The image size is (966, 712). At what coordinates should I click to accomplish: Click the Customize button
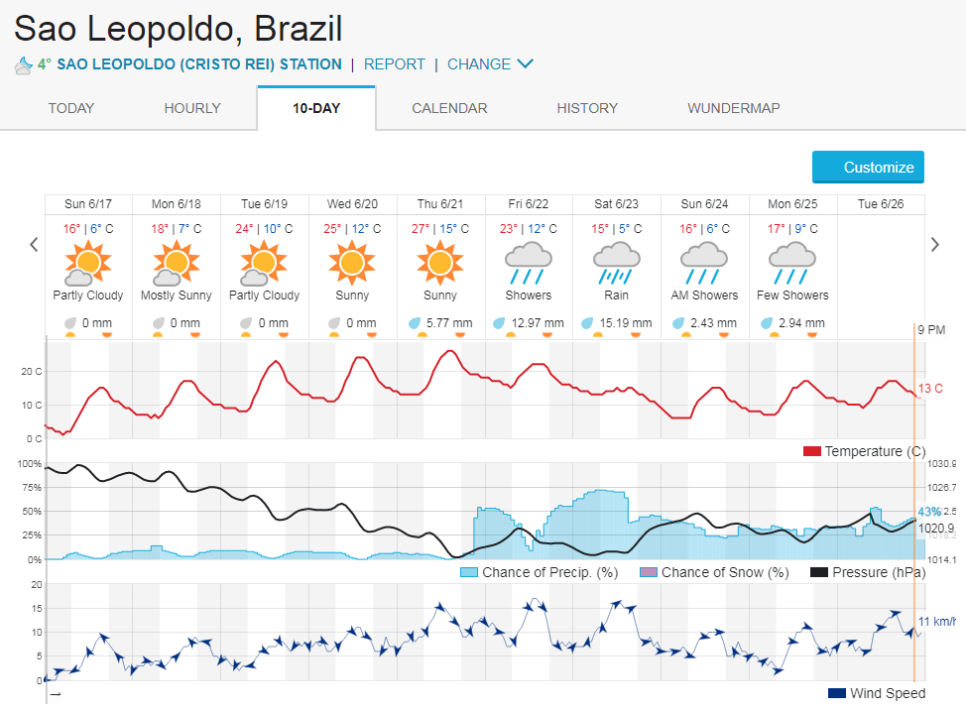coord(868,168)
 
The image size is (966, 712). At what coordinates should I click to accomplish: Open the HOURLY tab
coord(192,108)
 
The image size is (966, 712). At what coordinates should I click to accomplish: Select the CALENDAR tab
coord(449,108)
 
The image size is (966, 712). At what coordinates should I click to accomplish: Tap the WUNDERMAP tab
coord(733,108)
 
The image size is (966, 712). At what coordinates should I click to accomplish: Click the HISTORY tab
coord(587,108)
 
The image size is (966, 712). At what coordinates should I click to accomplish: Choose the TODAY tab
coord(71,108)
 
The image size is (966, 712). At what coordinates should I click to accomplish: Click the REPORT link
coord(394,64)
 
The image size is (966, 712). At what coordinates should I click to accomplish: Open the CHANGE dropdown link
coord(490,64)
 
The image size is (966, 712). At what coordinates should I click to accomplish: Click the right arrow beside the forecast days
coord(933,244)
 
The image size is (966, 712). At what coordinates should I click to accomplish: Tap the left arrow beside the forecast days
coord(34,244)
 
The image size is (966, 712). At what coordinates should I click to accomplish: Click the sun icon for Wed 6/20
coord(352,263)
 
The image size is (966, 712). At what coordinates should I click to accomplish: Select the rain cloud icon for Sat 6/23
coord(616,263)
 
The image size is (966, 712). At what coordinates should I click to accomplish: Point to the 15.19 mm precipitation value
coord(625,323)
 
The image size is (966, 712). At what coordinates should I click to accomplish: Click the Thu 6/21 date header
coord(439,204)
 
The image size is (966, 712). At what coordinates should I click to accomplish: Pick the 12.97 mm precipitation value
coord(538,323)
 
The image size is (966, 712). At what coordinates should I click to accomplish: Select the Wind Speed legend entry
coord(877,693)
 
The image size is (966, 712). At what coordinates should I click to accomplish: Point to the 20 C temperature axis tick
coord(31,371)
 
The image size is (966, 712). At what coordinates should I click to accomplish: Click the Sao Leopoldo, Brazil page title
coord(179,28)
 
